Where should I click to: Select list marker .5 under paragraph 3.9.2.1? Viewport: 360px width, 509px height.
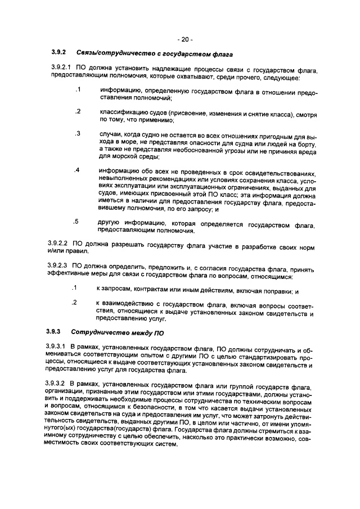pyautogui.click(x=77, y=221)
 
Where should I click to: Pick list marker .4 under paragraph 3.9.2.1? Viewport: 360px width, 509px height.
pyautogui.click(x=77, y=170)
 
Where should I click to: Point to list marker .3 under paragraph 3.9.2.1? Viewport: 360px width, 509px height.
pyautogui.click(x=77, y=133)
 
